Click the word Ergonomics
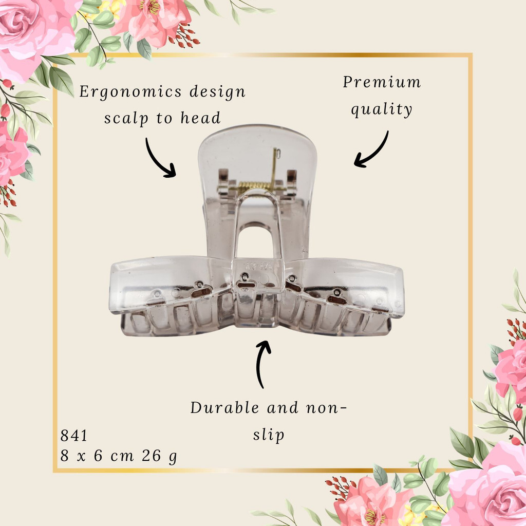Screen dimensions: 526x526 [x=130, y=92]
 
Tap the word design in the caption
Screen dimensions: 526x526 [x=217, y=91]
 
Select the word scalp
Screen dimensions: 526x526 [x=126, y=119]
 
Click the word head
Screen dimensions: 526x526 [x=201, y=118]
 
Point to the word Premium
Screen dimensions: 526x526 [x=382, y=82]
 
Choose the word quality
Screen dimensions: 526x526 [x=382, y=109]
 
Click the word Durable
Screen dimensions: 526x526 [x=224, y=408]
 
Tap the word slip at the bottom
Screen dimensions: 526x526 [x=268, y=435]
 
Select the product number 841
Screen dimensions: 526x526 [x=74, y=436]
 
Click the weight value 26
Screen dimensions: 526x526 [x=152, y=456]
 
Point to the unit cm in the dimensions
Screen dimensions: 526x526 [x=122, y=456]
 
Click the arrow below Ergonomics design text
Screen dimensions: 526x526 [x=158, y=160]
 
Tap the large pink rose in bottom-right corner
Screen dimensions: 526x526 [x=490, y=486]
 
